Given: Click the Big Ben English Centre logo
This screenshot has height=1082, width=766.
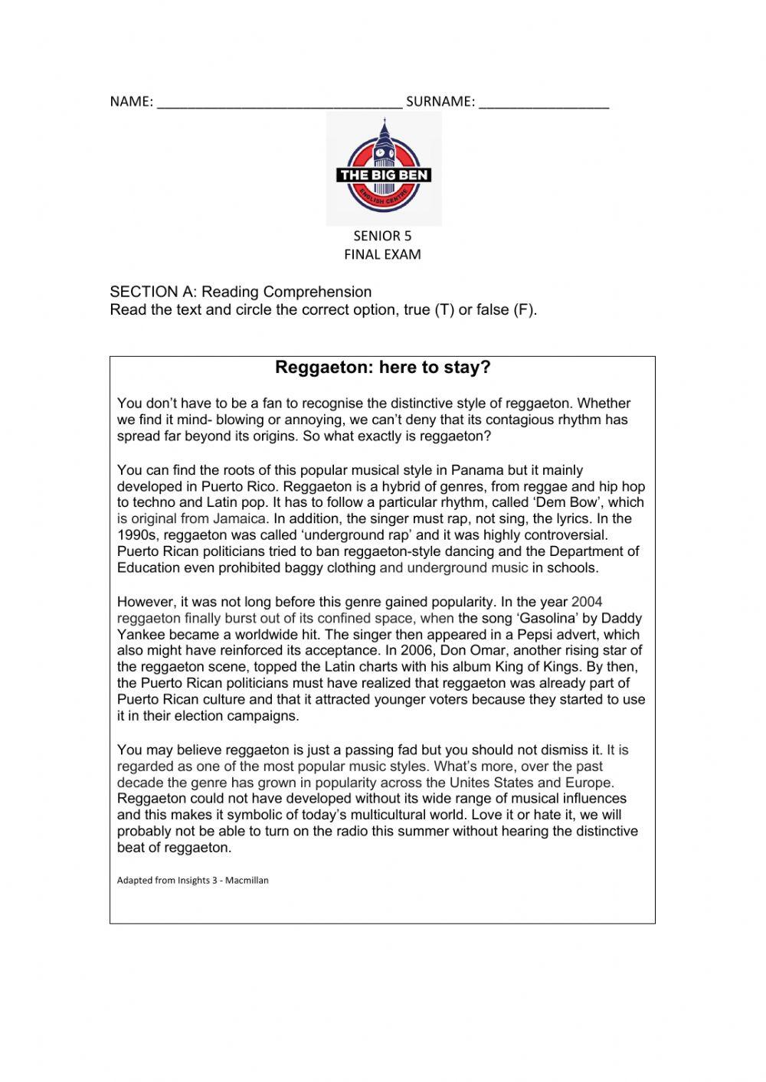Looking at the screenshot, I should [384, 168].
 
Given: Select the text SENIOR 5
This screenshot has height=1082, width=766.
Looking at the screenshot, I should [382, 236].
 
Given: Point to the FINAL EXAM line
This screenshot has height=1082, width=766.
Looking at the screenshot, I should [382, 254].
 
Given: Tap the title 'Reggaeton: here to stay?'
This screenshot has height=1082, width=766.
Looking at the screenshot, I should [382, 368].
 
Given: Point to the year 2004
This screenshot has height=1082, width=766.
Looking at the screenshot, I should [587, 602].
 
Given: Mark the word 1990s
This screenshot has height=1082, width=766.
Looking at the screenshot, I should [137, 535].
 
